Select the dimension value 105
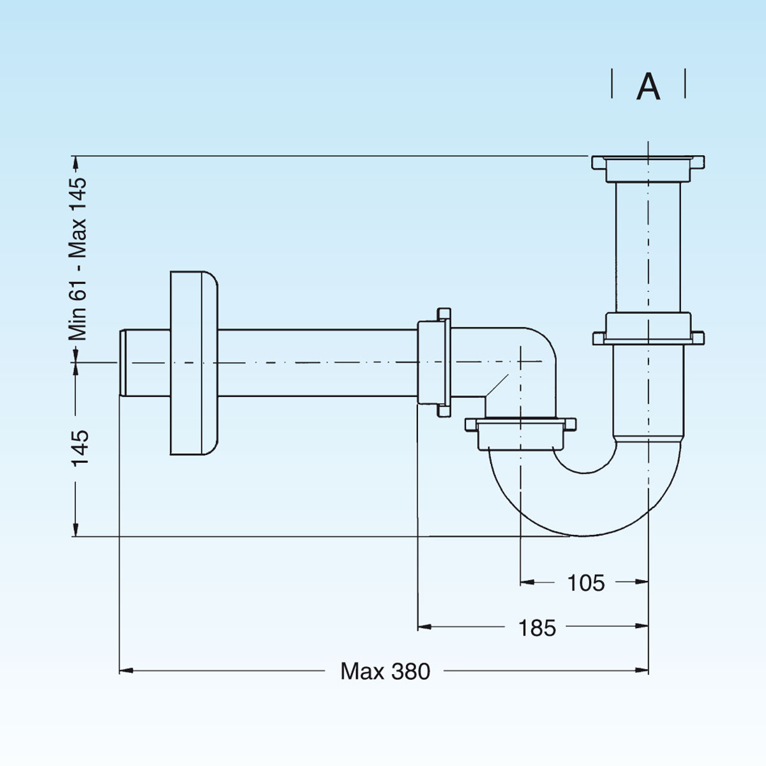point(585,582)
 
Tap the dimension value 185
point(537,628)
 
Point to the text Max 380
point(385,671)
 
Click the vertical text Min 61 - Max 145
point(78,258)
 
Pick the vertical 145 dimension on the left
point(80,447)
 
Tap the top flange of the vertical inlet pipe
point(648,164)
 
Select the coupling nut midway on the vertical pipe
point(648,329)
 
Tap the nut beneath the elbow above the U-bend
point(520,432)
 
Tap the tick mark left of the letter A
point(612,84)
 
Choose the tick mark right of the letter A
point(685,84)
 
